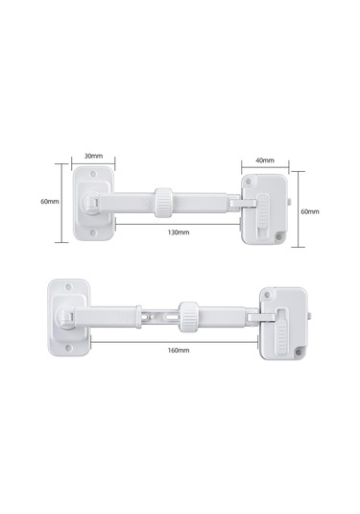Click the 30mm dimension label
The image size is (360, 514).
tap(93, 156)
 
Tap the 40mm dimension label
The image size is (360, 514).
tap(265, 160)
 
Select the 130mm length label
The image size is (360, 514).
tap(179, 233)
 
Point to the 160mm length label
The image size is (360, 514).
tap(179, 350)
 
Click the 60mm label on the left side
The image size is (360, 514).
tap(50, 201)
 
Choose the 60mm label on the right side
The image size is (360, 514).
tap(310, 211)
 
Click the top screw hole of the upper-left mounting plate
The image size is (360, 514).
tap(93, 173)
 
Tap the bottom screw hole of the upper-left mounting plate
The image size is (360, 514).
tap(93, 233)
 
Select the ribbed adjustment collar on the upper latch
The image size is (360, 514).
tap(163, 203)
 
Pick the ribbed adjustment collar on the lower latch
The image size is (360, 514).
tap(188, 317)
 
